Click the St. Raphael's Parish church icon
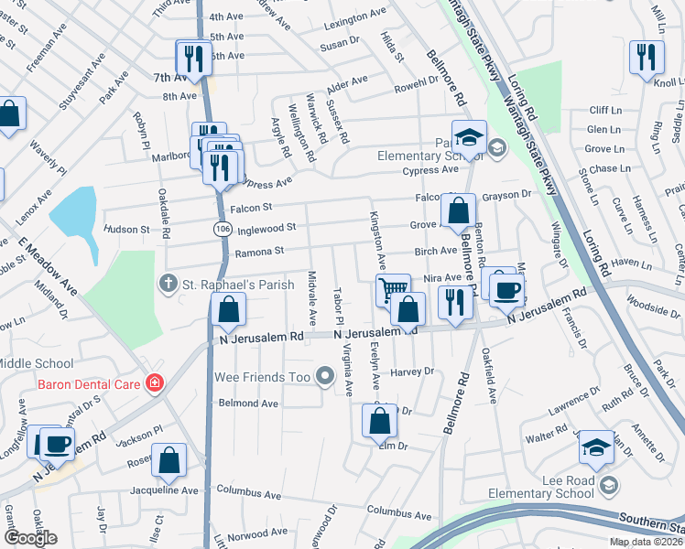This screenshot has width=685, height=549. click(x=169, y=285)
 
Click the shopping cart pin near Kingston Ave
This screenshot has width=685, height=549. click(x=393, y=291)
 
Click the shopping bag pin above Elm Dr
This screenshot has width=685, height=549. click(x=379, y=421)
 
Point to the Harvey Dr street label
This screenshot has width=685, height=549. click(x=411, y=371)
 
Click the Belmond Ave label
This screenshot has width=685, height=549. click(x=247, y=403)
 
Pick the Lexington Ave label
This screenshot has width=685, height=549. click(x=355, y=16)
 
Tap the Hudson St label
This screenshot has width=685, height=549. click(x=126, y=230)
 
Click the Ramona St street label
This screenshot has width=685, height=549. click(x=260, y=252)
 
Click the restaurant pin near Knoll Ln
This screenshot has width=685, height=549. click(x=647, y=58)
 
